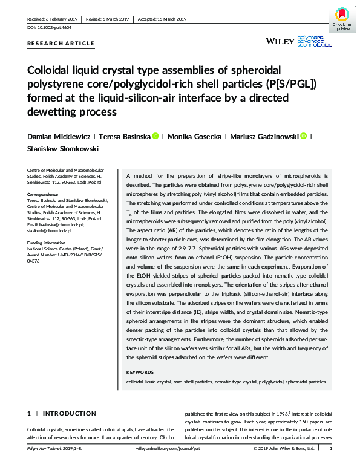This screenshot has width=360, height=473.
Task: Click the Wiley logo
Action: [x=280, y=41]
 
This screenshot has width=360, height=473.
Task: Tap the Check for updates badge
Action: [x=342, y=19]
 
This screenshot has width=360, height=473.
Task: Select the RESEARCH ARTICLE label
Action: [x=61, y=44]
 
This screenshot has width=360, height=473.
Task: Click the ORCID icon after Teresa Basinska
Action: [x=155, y=137]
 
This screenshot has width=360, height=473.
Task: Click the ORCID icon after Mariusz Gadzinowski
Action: [x=303, y=137]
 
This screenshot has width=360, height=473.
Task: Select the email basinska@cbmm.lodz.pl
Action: [x=58, y=224]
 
